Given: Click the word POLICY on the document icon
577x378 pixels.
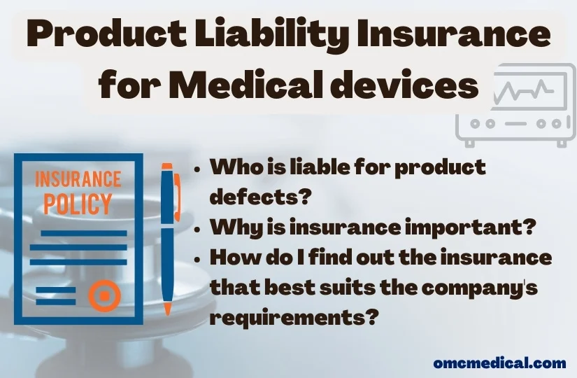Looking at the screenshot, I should pyautogui.click(x=78, y=204).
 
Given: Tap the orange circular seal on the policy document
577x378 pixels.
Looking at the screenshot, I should pyautogui.click(x=104, y=297).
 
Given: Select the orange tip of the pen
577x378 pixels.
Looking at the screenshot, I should pyautogui.click(x=168, y=308).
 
